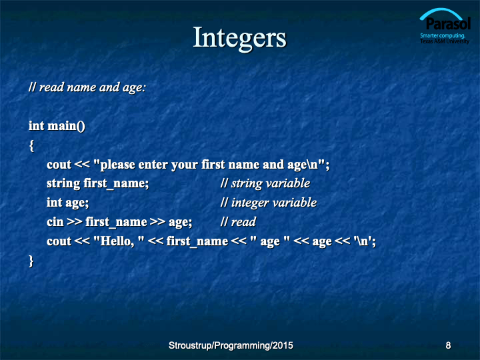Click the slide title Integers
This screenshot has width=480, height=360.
240,38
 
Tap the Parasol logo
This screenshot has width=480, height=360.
445,26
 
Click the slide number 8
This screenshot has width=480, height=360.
448,345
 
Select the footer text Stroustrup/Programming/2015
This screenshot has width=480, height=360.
231,345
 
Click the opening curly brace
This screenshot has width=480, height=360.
31,145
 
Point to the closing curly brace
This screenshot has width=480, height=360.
31,261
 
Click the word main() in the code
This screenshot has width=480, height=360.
67,126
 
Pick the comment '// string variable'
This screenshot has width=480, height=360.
265,183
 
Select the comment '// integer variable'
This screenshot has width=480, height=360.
269,203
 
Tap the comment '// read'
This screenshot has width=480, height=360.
238,221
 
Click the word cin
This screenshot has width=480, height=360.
55,221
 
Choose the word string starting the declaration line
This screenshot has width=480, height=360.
63,184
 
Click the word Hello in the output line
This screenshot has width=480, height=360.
116,241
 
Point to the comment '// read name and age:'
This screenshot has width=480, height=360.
87,87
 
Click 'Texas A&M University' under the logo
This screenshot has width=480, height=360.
445,41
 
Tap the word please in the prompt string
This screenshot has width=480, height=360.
118,165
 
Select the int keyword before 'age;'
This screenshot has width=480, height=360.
55,203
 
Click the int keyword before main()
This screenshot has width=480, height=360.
37,126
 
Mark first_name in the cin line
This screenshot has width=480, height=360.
116,222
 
